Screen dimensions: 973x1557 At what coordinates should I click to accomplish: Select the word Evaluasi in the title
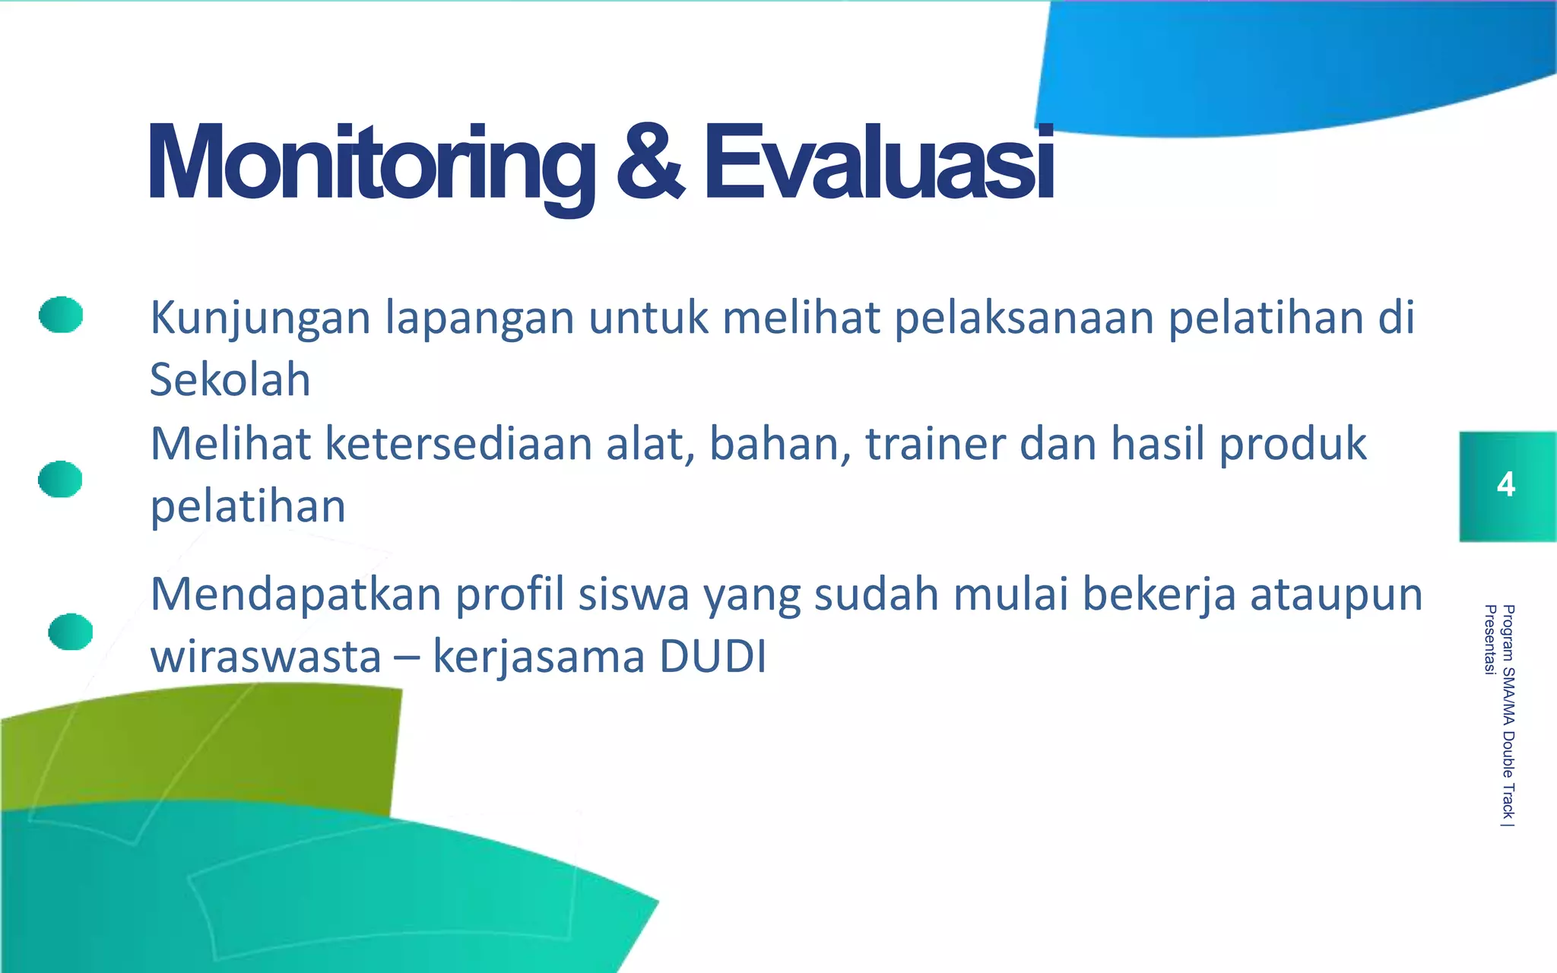coord(879,163)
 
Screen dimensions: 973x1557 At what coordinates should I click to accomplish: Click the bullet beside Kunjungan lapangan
coord(61,315)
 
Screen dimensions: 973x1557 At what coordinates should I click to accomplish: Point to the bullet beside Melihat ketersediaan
coord(60,479)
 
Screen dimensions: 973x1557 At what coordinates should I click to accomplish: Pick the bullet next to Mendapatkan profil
coord(70,632)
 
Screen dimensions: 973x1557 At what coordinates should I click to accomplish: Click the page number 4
coord(1505,485)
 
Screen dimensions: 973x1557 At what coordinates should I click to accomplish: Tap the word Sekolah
coord(230,379)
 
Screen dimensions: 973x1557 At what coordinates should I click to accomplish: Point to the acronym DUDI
coord(712,657)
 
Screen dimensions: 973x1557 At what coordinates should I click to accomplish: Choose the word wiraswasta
coord(265,657)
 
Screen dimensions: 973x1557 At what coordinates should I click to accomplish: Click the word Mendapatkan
coord(296,594)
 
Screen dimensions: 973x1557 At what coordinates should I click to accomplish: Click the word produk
coord(1292,445)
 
